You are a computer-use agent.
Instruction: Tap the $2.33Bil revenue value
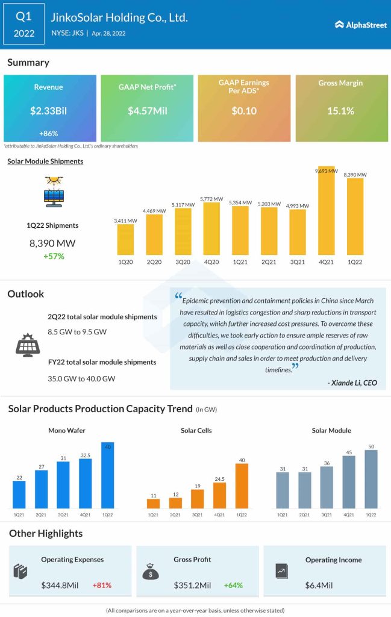49,111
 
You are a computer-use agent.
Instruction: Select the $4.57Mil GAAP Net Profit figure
146,111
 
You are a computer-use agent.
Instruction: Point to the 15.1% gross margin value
341,111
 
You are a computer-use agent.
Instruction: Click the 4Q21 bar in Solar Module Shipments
326,211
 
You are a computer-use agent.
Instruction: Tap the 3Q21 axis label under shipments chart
298,263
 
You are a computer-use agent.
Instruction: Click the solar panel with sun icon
54,192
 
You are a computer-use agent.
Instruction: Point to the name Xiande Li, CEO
352,383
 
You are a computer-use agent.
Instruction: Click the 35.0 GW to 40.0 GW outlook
81,378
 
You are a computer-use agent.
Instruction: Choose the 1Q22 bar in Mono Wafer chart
108,476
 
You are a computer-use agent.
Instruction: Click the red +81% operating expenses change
102,585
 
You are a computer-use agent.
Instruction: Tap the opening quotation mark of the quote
178,296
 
